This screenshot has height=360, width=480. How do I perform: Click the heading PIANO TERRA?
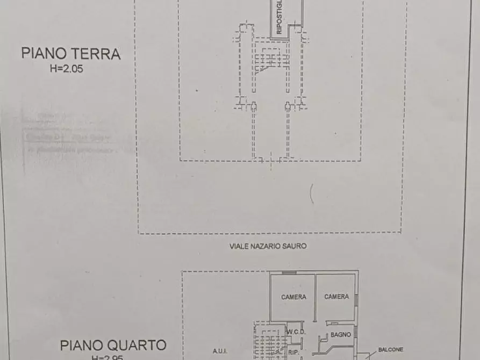[70, 54]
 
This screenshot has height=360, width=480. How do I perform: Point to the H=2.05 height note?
[66, 69]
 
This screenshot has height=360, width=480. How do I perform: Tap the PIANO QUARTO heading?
[112, 344]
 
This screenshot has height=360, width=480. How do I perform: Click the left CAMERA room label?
[293, 297]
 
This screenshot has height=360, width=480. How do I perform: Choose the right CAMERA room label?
[336, 297]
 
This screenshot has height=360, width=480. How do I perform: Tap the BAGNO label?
[341, 334]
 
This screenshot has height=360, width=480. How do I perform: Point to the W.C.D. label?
[296, 332]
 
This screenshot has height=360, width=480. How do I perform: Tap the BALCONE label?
[391, 349]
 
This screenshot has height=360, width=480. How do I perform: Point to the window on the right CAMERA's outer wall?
[356, 297]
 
